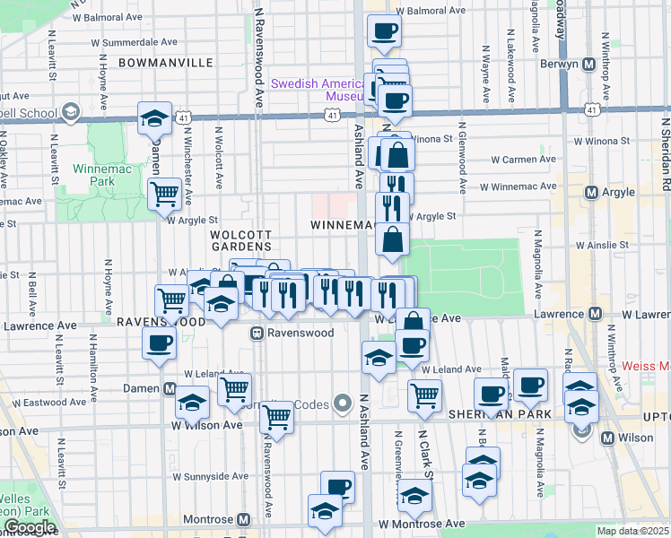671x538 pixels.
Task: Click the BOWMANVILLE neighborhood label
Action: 165,63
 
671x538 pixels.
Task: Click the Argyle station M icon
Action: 590,193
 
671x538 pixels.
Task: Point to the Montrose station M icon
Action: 243,520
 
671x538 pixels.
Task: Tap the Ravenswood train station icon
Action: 257,333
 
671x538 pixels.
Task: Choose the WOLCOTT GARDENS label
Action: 240,239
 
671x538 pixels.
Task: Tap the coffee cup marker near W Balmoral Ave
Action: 384,31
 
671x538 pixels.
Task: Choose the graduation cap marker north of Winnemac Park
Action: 154,117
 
